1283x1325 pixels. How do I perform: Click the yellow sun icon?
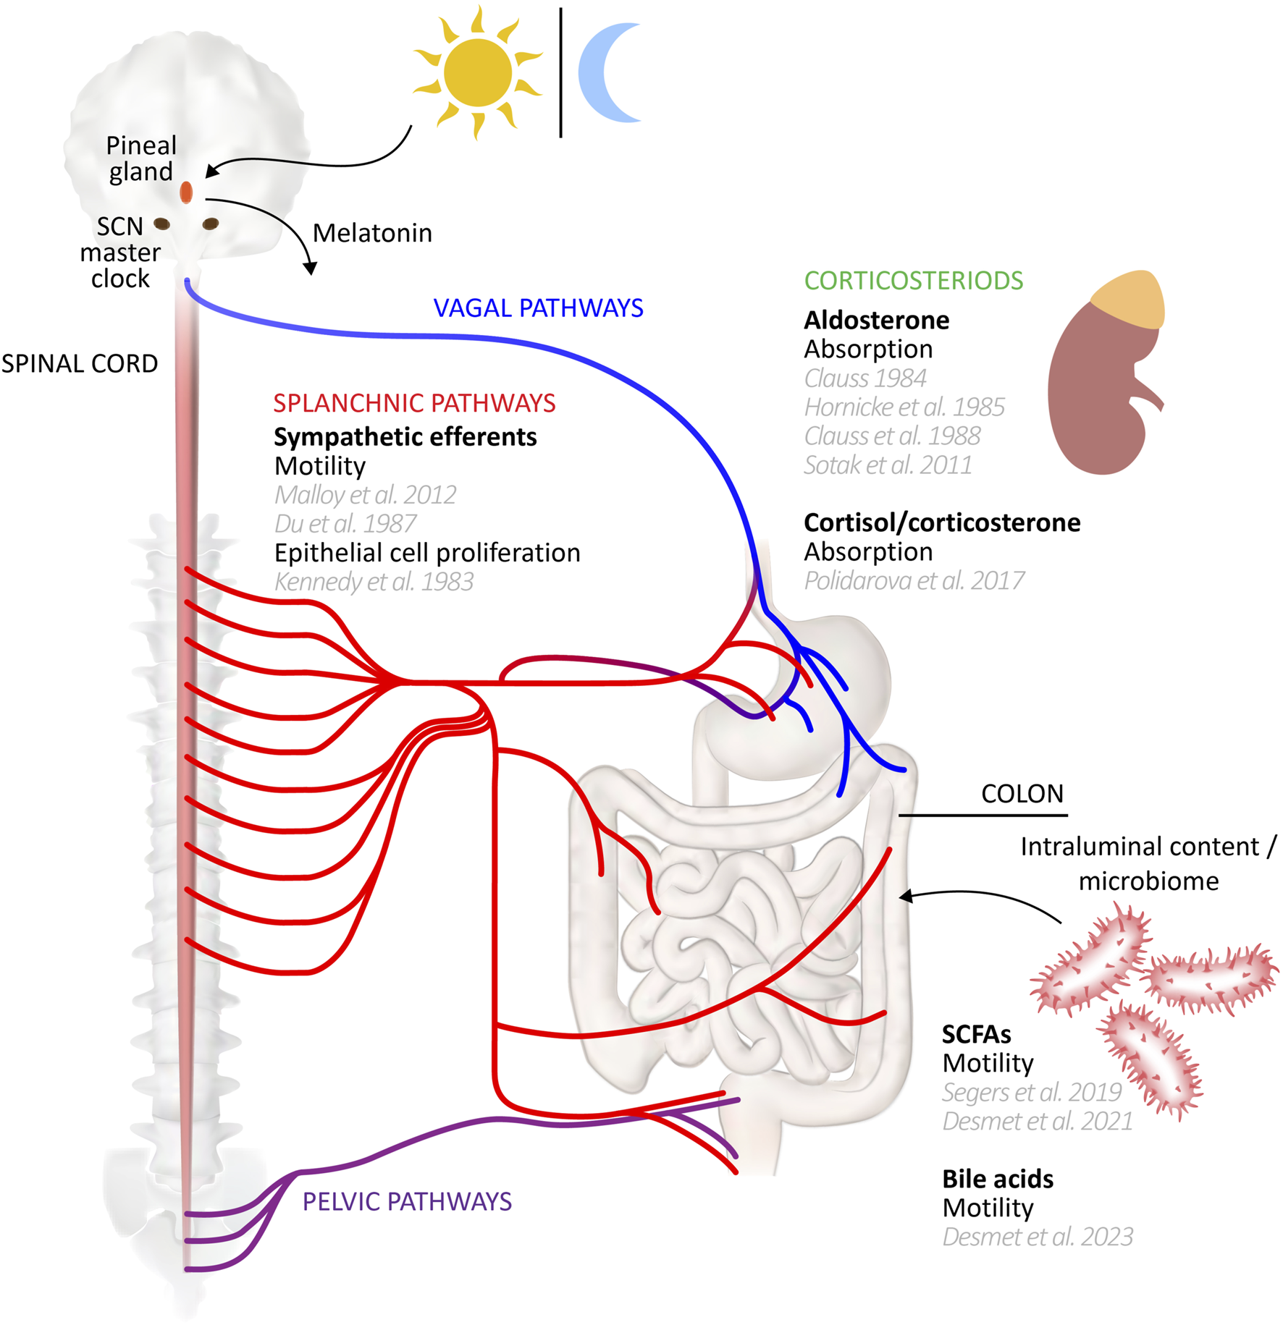click(477, 72)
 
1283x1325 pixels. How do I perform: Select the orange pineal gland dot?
click(186, 192)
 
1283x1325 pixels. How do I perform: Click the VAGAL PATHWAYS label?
click(538, 308)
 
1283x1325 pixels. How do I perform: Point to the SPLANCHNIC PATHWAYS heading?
click(414, 403)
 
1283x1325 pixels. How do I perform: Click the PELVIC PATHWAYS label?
click(407, 1201)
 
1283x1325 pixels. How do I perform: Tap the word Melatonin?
click(372, 233)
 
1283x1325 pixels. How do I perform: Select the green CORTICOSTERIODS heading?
click(914, 281)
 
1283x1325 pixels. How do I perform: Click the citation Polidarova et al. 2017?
click(914, 580)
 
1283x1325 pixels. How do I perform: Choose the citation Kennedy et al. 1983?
click(374, 582)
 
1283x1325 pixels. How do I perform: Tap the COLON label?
click(1022, 794)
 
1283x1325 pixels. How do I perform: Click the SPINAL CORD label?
click(80, 363)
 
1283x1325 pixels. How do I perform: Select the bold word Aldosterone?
click(877, 320)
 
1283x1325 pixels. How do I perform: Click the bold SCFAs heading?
click(976, 1034)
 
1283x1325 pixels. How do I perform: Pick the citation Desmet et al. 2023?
click(1038, 1237)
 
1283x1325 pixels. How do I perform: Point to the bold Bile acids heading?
click(998, 1179)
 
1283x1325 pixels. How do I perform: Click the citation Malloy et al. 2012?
click(366, 495)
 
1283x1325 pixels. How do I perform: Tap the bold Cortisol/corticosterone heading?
click(942, 522)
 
